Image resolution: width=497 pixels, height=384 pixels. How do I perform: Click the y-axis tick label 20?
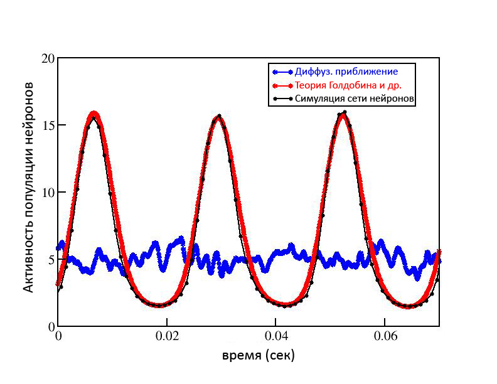(47, 58)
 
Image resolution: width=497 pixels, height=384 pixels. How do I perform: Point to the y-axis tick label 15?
(47, 125)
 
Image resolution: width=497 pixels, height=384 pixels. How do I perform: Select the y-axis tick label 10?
(47, 193)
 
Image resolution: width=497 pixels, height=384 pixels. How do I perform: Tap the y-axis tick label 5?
(50, 260)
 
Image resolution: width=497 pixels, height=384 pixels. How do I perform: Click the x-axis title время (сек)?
(259, 356)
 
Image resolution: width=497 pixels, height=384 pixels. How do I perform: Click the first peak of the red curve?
(95, 114)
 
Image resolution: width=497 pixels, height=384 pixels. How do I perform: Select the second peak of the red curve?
(218, 118)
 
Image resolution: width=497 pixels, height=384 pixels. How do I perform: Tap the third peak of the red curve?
(343, 115)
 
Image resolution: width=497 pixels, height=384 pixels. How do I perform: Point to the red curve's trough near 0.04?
(286, 304)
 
